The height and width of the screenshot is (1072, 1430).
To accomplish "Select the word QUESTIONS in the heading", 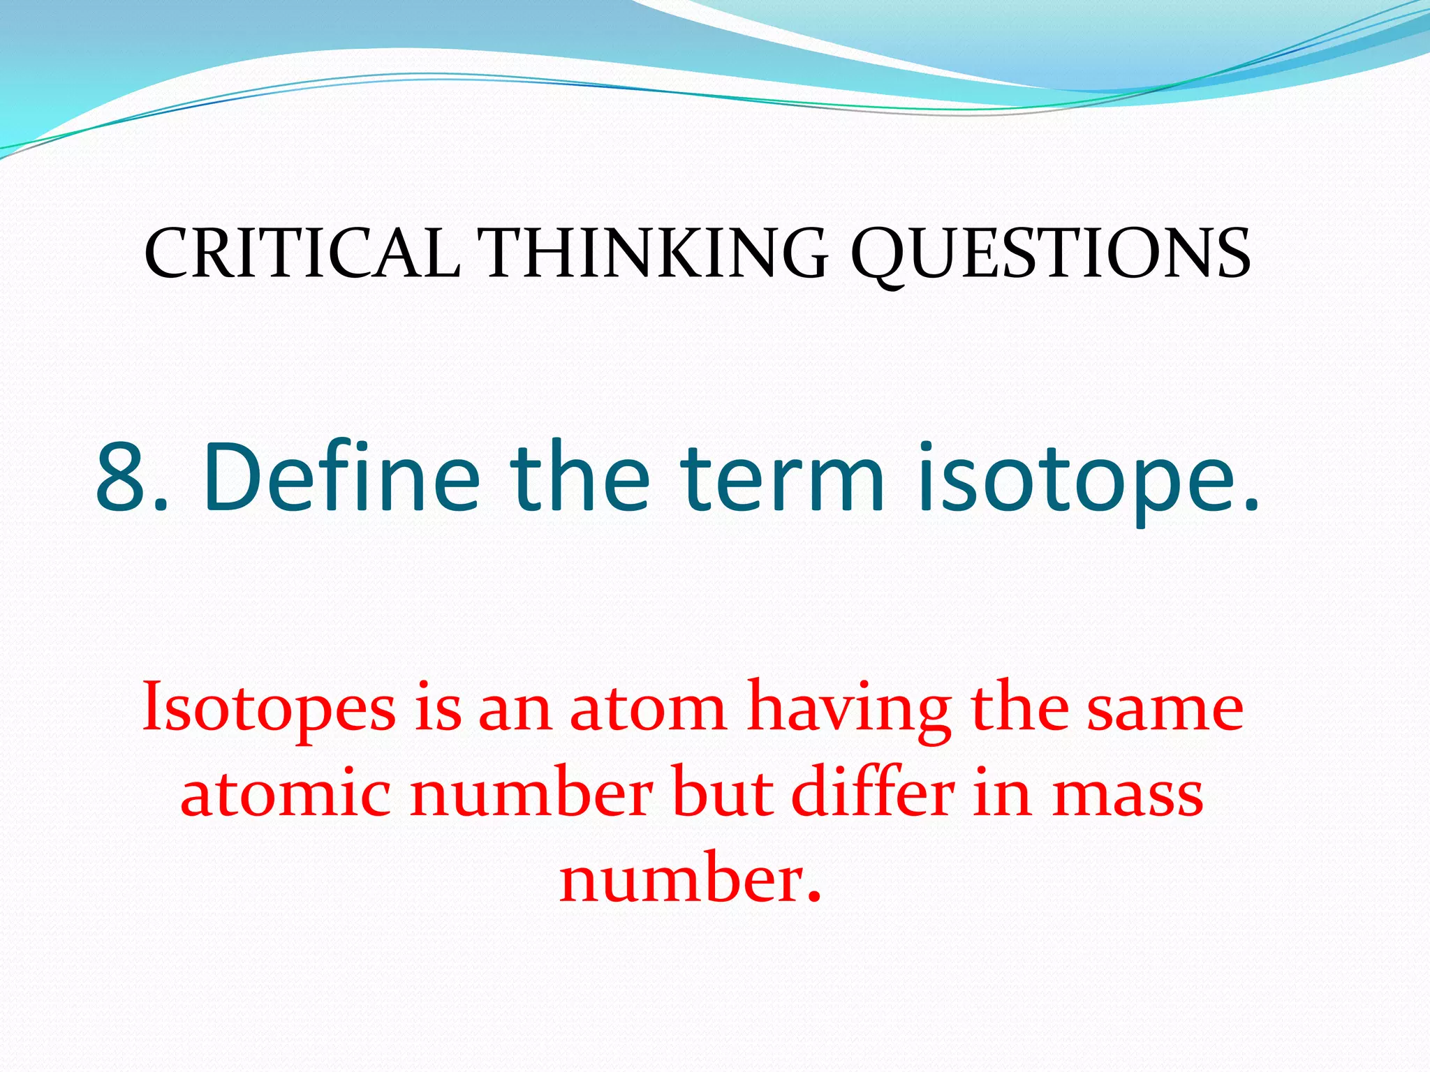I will pos(1050,254).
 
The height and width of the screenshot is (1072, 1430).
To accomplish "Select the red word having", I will pos(848,709).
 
